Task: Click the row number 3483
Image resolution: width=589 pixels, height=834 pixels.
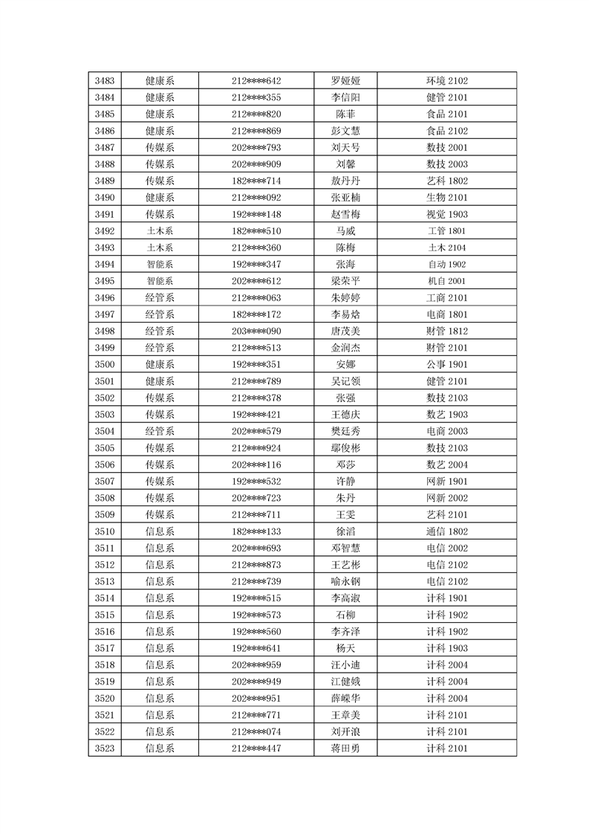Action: [105, 81]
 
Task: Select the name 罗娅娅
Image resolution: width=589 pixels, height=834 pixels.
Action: [345, 81]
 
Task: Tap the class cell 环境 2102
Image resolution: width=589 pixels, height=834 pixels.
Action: [446, 81]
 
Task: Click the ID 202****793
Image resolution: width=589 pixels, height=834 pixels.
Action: [256, 148]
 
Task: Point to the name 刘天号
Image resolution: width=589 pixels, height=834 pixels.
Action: [345, 148]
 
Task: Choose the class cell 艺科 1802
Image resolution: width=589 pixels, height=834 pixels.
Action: [446, 181]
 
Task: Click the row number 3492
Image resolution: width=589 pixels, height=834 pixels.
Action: [105, 231]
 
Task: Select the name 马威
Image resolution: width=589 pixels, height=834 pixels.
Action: [345, 231]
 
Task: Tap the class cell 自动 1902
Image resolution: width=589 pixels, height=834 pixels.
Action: [446, 265]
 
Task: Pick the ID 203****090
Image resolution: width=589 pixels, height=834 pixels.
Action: [256, 332]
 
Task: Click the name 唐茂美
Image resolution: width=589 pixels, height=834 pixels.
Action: [345, 332]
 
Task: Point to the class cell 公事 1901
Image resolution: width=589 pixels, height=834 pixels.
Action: [446, 365]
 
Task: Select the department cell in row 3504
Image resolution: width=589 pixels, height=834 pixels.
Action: [160, 432]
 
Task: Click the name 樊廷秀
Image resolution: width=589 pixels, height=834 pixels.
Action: [345, 432]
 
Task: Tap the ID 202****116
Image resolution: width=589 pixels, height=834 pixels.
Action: [256, 465]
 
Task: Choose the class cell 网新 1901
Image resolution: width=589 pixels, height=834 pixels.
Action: [446, 482]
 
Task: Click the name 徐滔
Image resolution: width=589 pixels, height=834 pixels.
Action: [345, 531]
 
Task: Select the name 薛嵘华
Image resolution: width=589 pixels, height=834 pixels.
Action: [345, 699]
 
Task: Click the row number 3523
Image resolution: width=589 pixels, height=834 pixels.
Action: [105, 749]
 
